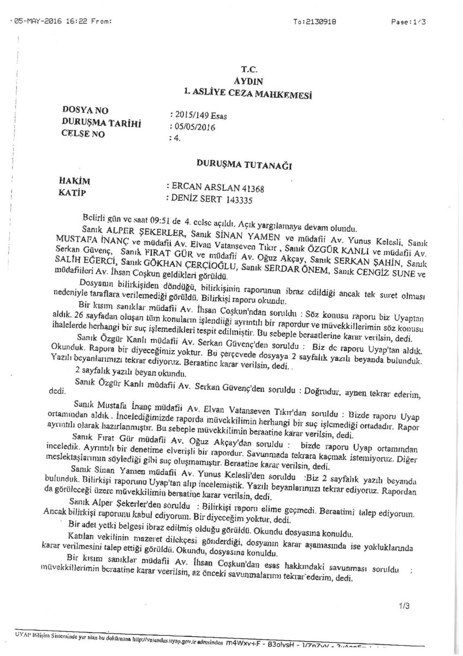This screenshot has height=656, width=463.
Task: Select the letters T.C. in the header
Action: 248,69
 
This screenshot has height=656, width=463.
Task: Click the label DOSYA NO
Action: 86,111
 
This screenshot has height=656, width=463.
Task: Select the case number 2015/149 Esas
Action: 199,116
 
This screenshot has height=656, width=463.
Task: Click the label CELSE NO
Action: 84,134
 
